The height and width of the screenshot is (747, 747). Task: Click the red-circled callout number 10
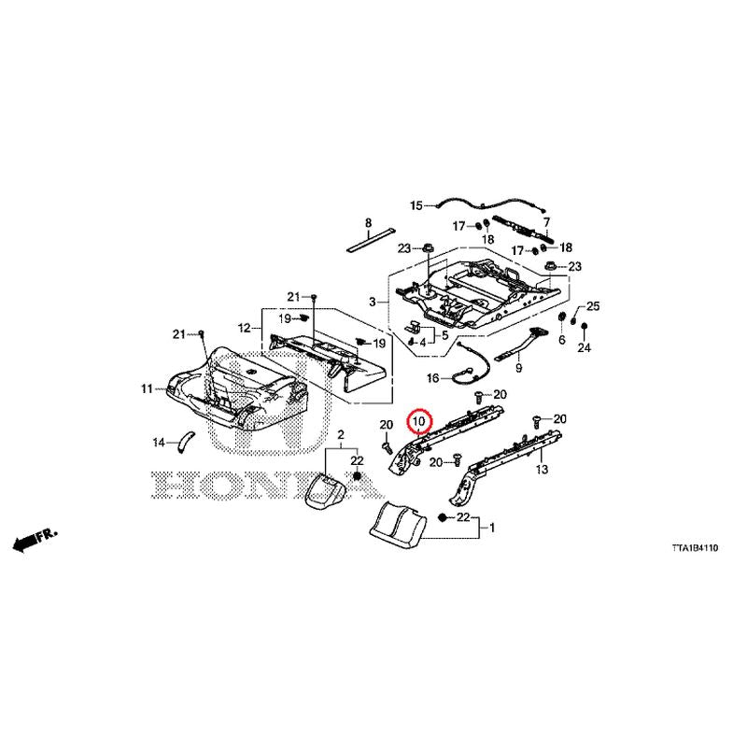coord(418,421)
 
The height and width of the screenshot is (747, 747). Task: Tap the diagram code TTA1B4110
coord(695,548)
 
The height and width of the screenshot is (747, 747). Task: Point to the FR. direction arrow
coord(35,541)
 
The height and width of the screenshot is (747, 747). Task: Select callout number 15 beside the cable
coord(416,205)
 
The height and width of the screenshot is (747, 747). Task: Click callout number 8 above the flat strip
coord(368,222)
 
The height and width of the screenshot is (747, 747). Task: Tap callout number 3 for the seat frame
coord(373,302)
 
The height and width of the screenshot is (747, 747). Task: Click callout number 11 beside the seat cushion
coord(147,388)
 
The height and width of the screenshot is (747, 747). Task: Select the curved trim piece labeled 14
coord(185,442)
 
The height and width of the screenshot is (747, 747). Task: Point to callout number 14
coord(159,443)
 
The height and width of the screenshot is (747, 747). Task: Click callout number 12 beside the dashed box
coord(244,329)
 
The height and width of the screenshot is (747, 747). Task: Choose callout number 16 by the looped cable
coord(432,378)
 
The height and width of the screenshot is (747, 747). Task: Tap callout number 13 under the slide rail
coord(542,470)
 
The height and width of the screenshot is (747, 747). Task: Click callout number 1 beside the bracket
coord(492,528)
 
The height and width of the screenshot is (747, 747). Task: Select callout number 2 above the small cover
coord(341,434)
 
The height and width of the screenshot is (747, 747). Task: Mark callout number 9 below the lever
coord(519,368)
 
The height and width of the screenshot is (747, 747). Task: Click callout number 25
coord(593,306)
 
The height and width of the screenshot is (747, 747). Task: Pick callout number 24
coord(585,347)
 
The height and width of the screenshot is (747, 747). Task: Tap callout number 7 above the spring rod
coord(546,222)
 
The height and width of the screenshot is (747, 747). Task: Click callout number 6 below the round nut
coord(562,340)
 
